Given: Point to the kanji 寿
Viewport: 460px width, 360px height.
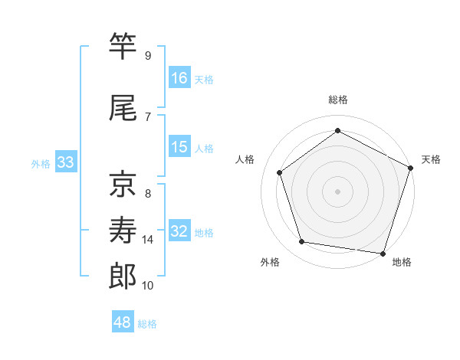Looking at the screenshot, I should [123, 228].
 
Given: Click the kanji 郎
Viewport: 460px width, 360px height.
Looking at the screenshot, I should [123, 275].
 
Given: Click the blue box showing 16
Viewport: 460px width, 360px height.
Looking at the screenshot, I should [179, 78].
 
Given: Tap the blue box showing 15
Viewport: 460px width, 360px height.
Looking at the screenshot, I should [179, 147].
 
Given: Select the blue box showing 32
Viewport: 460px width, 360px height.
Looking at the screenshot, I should [179, 231].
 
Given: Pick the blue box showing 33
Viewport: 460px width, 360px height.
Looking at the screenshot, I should [65, 162].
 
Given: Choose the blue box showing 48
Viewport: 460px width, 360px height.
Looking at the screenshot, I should [123, 322].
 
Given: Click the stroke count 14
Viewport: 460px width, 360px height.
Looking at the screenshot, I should [148, 240].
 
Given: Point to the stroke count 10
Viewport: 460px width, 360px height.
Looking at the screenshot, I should [148, 286].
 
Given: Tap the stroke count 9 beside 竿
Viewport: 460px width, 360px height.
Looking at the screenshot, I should [148, 56].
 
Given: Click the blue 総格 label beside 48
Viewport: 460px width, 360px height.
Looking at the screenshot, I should [147, 324].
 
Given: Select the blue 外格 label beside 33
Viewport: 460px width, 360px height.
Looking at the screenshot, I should [41, 163].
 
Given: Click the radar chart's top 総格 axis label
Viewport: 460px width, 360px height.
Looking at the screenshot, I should [338, 100].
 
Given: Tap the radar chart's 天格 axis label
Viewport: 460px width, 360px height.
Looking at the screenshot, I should [431, 159].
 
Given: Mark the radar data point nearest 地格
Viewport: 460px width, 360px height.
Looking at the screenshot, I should [383, 253].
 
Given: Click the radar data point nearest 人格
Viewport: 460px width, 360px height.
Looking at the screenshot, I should [280, 172].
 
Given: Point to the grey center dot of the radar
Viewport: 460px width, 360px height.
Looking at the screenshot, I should [338, 191].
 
